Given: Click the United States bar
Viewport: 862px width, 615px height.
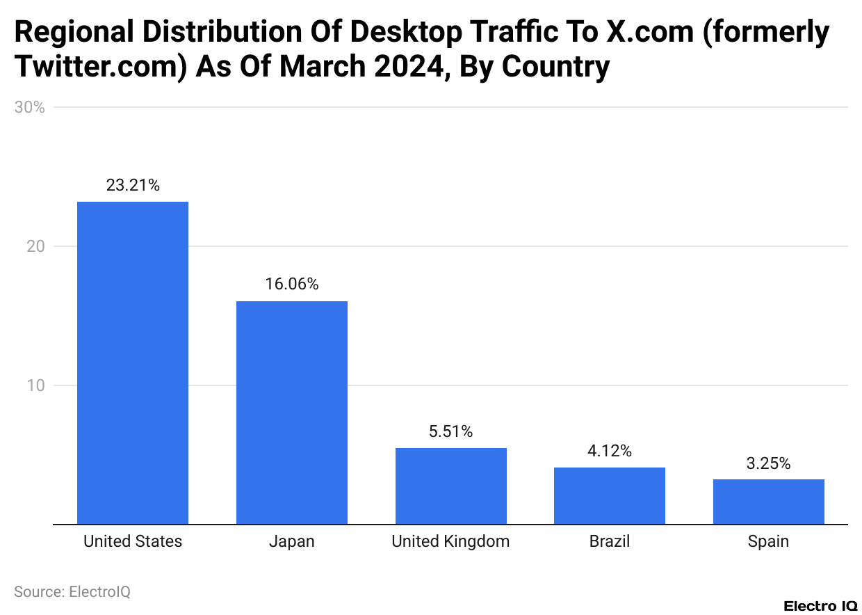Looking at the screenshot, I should (x=132, y=362).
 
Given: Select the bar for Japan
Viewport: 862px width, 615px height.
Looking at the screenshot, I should (x=291, y=413).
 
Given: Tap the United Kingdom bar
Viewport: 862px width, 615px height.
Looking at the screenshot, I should (x=450, y=486).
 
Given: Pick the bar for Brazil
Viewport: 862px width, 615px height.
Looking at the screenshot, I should (x=609, y=495).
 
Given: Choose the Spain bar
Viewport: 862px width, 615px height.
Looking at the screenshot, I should (x=768, y=502).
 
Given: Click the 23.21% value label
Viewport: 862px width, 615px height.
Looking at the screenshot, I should (x=133, y=185).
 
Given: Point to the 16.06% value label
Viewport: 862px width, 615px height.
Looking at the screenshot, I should (x=291, y=284).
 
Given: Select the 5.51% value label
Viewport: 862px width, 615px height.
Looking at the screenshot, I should (x=450, y=431).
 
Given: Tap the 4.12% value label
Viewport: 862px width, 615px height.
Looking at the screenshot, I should (x=609, y=451).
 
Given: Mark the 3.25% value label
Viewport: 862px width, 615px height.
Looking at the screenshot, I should (x=768, y=463).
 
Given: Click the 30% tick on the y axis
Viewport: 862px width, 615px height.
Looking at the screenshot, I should (x=29, y=107).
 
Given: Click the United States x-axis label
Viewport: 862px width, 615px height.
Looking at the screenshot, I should (x=133, y=541).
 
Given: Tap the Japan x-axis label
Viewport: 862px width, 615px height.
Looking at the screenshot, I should (x=291, y=541).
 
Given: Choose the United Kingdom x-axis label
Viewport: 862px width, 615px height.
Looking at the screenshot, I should (x=450, y=541).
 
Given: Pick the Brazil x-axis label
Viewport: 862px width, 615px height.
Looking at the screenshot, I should (x=609, y=541).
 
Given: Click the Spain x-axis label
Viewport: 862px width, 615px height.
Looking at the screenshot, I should (x=768, y=541).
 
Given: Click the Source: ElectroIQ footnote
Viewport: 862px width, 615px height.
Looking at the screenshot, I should (x=72, y=592).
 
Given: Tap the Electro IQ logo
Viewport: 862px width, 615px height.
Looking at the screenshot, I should (x=820, y=606).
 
